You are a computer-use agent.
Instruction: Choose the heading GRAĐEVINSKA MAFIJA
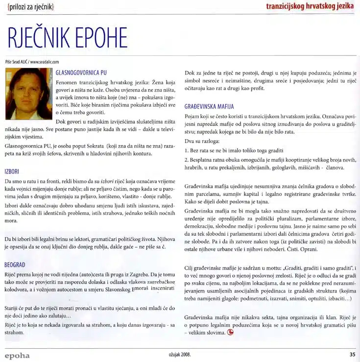209,106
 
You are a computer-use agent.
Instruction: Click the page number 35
352,355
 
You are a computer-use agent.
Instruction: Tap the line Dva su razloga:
202,141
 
